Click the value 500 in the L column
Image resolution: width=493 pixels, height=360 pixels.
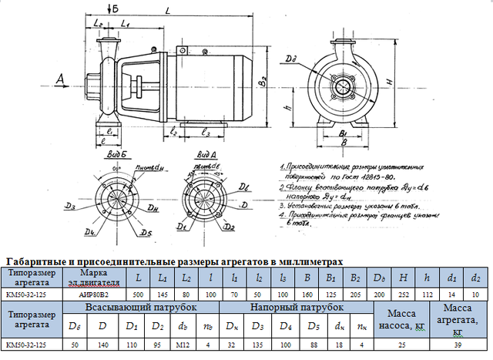coord(138,293)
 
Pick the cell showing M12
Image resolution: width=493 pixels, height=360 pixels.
coord(184,345)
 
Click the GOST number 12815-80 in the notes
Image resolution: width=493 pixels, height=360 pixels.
coord(351,176)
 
